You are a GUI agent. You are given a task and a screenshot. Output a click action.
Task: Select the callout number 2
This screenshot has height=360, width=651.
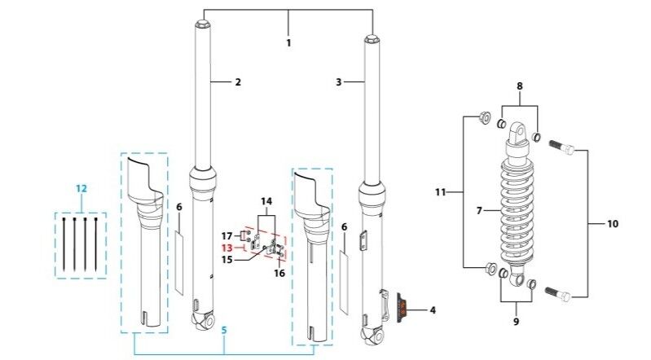(x=238, y=82)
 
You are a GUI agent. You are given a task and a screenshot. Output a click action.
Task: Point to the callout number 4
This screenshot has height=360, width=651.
(x=432, y=310)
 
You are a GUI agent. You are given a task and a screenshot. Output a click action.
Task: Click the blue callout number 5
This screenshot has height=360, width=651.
(x=225, y=330)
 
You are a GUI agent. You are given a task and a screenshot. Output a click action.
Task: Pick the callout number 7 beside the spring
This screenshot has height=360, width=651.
(x=479, y=210)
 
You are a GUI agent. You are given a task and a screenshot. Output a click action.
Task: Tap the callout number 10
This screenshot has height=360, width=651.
(x=613, y=222)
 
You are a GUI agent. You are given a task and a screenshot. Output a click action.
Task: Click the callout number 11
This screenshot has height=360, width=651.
(x=441, y=193)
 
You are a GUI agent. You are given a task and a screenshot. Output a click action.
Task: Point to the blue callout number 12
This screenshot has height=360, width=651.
(x=81, y=188)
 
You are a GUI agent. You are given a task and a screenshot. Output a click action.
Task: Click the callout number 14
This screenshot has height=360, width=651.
(x=266, y=200)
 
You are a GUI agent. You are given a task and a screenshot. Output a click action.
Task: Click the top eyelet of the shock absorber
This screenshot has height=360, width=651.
(x=517, y=130)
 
